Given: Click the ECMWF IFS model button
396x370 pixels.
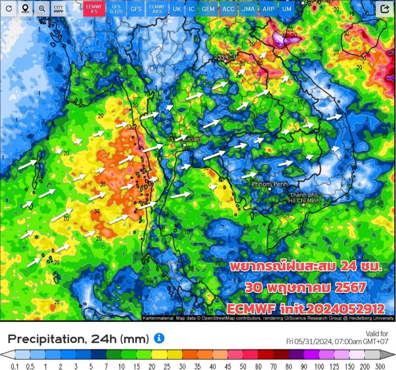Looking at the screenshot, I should click(94, 8).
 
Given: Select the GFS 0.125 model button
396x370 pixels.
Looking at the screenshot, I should click(116, 8).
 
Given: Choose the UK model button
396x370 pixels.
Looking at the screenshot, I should click(177, 8).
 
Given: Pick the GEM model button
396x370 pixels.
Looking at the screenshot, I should click(208, 8).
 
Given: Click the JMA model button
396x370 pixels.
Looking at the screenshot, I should click(248, 8).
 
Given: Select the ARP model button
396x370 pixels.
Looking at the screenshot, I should click(268, 8).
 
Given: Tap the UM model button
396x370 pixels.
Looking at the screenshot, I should click(287, 8).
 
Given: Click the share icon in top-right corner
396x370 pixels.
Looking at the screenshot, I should click(385, 9).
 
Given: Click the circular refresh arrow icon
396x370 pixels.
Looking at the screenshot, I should click(8, 8).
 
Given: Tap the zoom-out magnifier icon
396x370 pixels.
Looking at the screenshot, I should click(42, 8).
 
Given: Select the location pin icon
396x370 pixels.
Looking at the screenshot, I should click(25, 8).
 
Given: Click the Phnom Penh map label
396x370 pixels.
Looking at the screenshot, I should click(269, 184).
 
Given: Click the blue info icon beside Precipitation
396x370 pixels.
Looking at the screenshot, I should click(159, 338).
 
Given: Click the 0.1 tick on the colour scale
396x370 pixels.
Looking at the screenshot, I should click(15, 366).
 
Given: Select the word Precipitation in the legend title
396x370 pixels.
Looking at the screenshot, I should click(47, 338).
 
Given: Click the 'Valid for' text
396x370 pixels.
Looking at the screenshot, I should click(377, 334).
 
